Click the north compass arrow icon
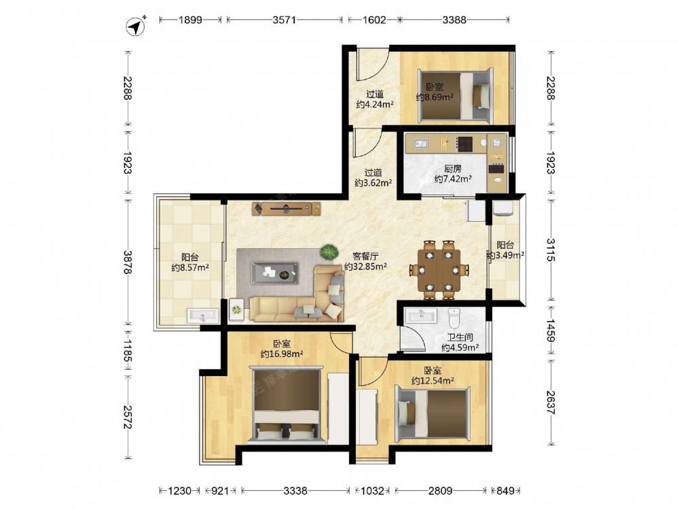pyautogui.click(x=136, y=27)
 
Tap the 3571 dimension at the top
pyautogui.click(x=284, y=20)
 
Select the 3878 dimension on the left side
pyautogui.click(x=128, y=262)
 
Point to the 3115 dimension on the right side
pyautogui.click(x=551, y=250)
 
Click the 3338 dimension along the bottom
pyautogui.click(x=295, y=490)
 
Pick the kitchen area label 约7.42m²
pyautogui.click(x=453, y=179)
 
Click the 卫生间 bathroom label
pyautogui.click(x=460, y=337)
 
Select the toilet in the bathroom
pyautogui.click(x=454, y=318)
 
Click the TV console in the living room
pyautogui.click(x=287, y=209)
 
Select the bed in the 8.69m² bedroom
pyautogui.click(x=455, y=95)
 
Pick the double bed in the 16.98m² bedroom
pyautogui.click(x=287, y=405)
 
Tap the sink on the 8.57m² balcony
pyautogui.click(x=203, y=316)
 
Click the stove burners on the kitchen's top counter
pyautogui.click(x=465, y=143)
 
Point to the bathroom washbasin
pyautogui.click(x=421, y=316)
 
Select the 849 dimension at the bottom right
pyautogui.click(x=505, y=490)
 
